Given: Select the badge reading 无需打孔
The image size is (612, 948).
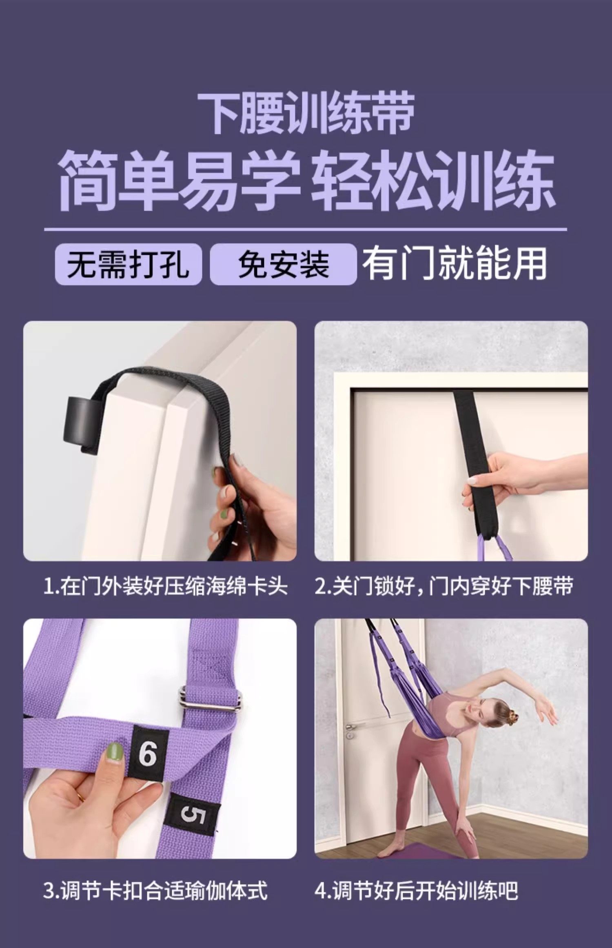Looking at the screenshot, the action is pyautogui.click(x=128, y=264).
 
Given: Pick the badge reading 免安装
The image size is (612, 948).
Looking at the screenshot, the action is pyautogui.click(x=283, y=264).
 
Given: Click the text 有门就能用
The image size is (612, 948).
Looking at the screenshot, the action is pyautogui.click(x=455, y=264).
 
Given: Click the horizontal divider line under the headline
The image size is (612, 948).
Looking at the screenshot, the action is pyautogui.click(x=306, y=229).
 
